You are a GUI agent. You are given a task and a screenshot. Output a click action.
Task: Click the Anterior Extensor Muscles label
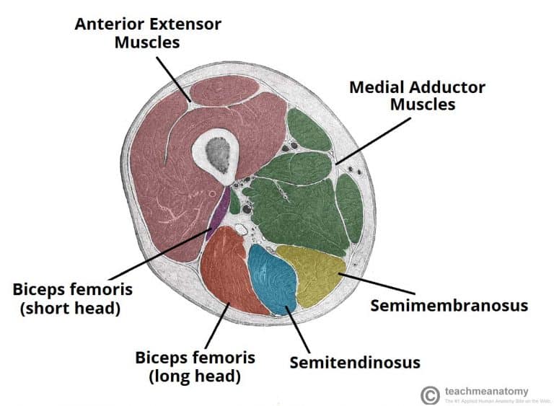tap(148, 33)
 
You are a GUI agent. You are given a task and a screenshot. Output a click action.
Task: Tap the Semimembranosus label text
tap(449, 305)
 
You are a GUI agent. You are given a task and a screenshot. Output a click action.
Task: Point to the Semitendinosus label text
tap(354, 361)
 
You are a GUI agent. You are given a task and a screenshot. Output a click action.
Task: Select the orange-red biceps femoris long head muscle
tap(227, 270)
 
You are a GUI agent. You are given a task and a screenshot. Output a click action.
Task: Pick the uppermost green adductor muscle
tap(308, 130)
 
